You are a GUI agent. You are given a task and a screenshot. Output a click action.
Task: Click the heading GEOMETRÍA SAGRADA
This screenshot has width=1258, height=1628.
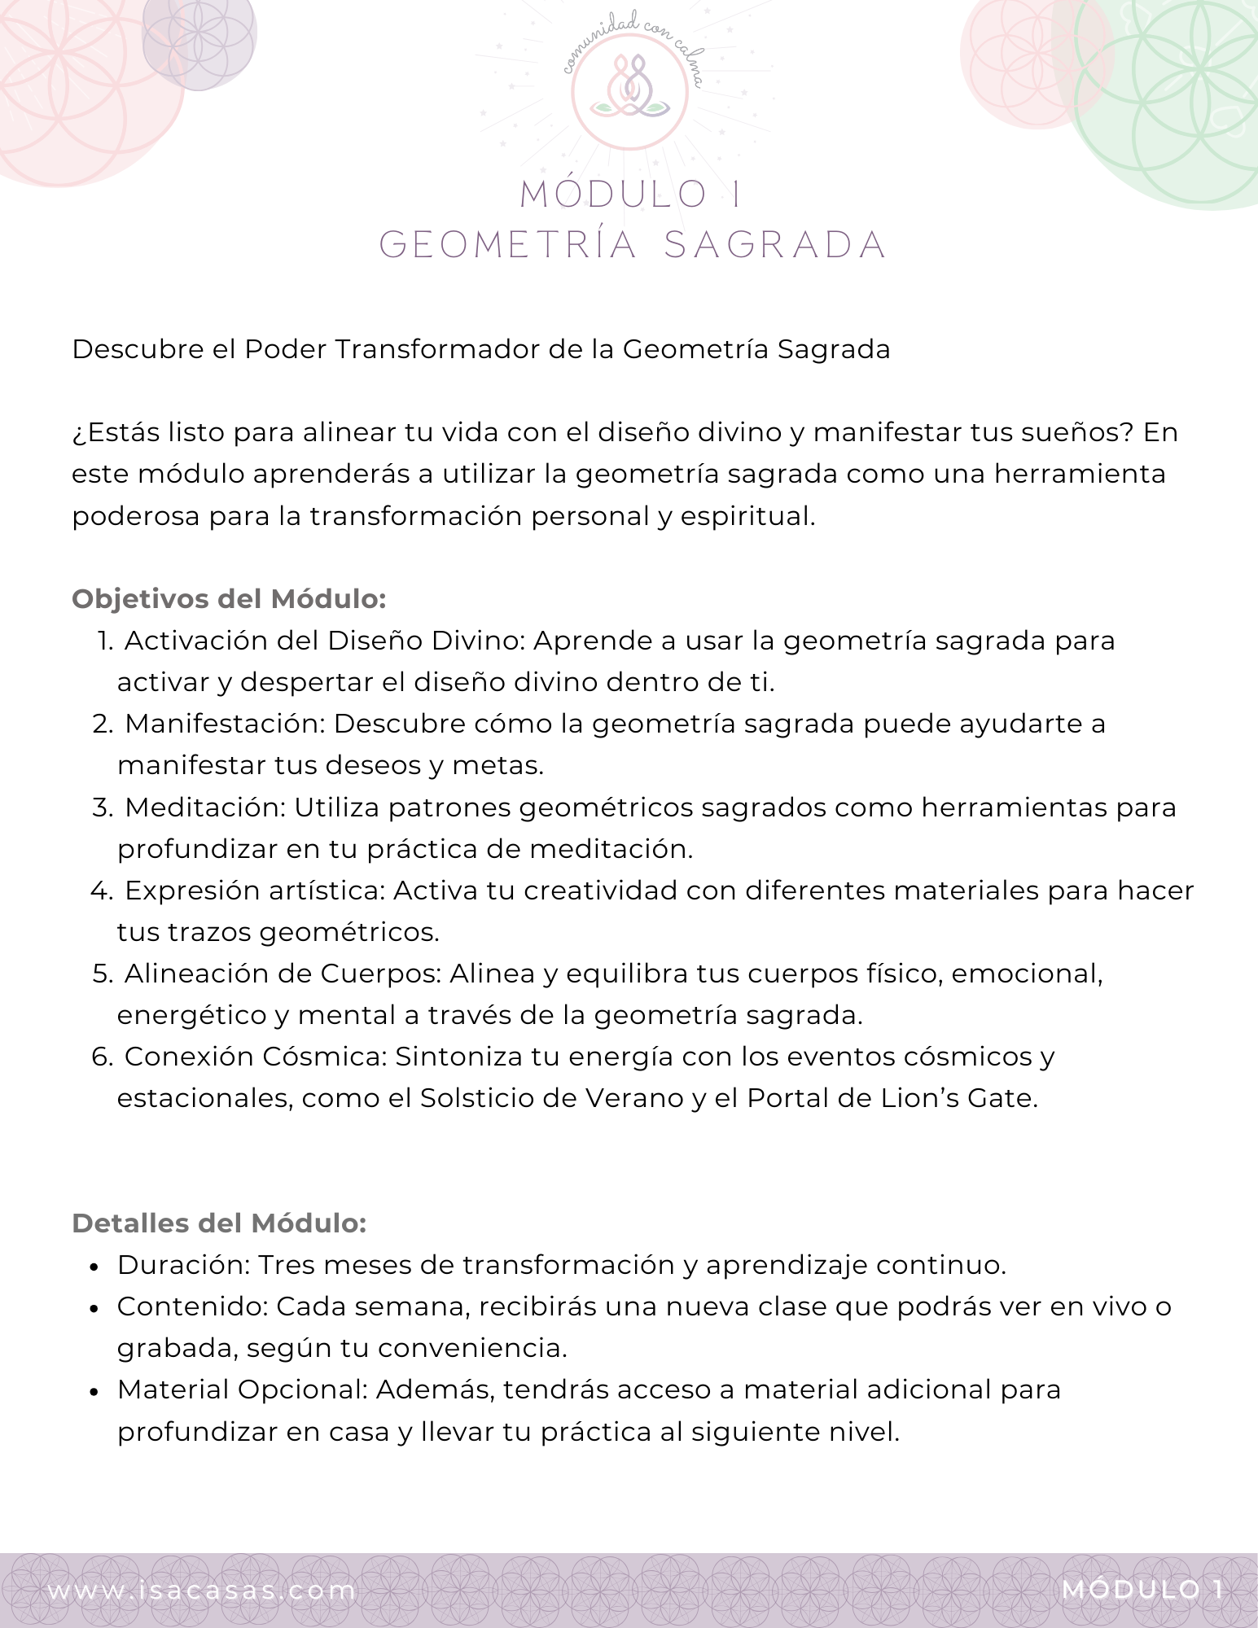[633, 245]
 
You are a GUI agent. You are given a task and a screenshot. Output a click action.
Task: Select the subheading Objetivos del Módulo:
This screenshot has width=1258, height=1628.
[229, 599]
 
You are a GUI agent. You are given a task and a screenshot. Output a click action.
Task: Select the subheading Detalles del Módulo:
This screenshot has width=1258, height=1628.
[219, 1223]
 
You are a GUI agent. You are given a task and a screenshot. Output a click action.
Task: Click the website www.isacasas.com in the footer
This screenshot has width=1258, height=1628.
[201, 1590]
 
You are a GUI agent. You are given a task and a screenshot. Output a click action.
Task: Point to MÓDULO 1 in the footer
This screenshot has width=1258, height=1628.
[1142, 1589]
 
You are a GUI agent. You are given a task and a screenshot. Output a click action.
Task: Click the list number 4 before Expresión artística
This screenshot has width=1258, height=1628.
[101, 891]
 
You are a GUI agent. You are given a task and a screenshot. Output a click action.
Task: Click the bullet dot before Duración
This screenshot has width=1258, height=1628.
[95, 1267]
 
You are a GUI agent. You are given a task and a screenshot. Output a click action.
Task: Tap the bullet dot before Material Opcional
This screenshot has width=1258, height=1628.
[95, 1391]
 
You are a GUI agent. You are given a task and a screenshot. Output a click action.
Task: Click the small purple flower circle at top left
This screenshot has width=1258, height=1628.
[199, 37]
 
